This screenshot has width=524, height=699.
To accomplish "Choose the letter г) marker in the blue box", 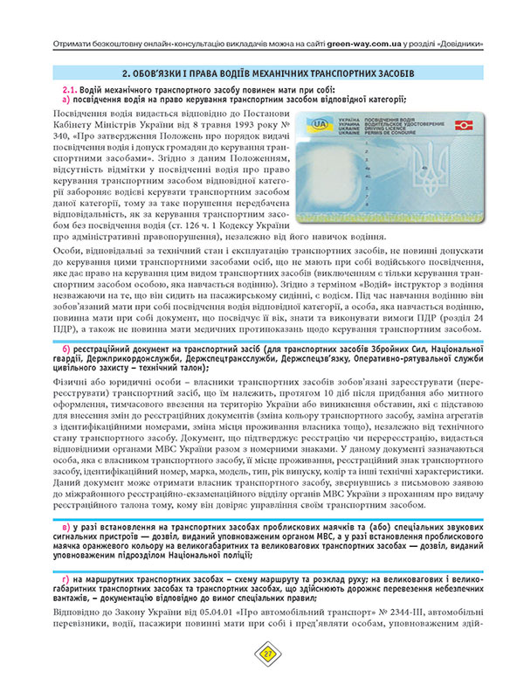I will click(66, 581).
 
